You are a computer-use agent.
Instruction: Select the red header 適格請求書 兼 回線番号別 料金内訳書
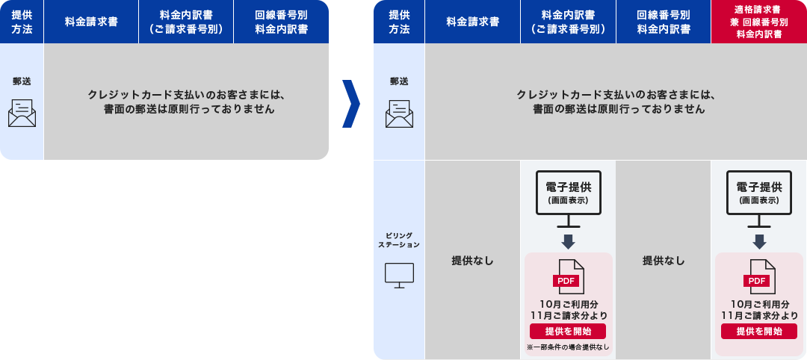(758, 22)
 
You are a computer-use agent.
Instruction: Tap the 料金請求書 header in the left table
(91, 22)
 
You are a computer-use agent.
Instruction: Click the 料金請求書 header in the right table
(472, 22)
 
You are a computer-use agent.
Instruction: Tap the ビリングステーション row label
(398, 240)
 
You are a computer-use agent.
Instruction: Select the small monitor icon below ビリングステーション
(398, 275)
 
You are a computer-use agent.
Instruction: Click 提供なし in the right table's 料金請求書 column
(472, 261)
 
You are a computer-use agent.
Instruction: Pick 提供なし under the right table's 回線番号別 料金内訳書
(664, 261)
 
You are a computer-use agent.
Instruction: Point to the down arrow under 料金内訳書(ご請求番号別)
(568, 241)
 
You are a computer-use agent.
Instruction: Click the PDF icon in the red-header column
(759, 276)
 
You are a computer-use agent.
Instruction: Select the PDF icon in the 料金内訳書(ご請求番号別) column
(568, 276)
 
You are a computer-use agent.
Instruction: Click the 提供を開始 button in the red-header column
(759, 332)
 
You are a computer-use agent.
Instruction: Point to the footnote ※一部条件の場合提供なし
(568, 347)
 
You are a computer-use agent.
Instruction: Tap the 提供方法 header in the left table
(22, 22)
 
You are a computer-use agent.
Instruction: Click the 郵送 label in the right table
(399, 81)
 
